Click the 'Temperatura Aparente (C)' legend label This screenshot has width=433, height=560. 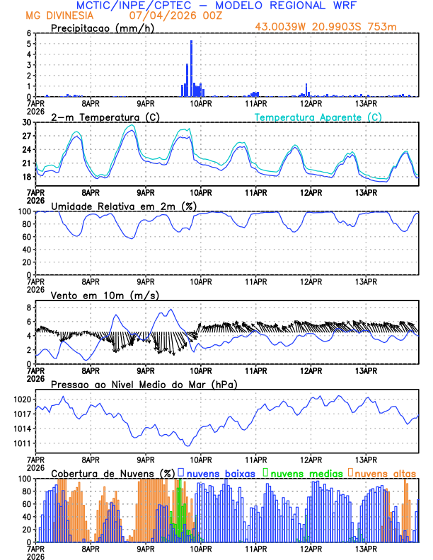tap(318, 117)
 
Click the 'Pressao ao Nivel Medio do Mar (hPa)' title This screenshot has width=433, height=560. tap(144, 384)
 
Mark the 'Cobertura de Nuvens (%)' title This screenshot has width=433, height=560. tap(113, 473)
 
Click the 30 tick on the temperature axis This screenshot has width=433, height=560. tap(27, 122)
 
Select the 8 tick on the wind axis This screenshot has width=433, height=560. tap(29, 308)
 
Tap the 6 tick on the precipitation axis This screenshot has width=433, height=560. tap(29, 33)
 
